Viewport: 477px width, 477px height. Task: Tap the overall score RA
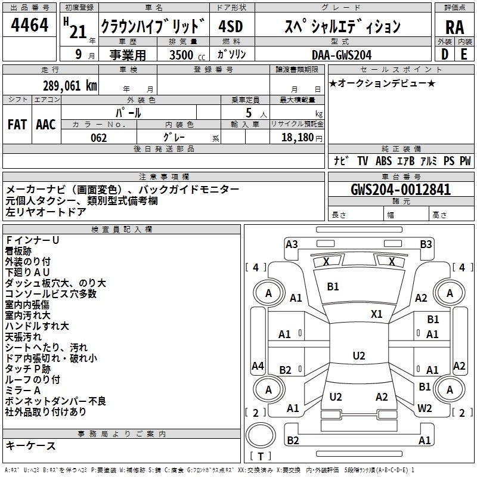coord(454,27)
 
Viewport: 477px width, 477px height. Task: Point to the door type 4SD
coord(231,27)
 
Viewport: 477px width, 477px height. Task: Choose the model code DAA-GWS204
coord(342,55)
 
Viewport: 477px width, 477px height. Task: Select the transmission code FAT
coord(17,125)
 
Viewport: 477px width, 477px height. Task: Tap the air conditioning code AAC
coord(45,125)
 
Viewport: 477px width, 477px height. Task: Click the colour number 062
coord(98,138)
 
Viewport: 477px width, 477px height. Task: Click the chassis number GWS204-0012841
coord(401,190)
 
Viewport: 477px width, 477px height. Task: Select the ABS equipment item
coord(383,161)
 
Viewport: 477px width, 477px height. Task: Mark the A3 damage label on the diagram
coord(292,244)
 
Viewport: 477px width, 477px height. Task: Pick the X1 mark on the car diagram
coord(377,314)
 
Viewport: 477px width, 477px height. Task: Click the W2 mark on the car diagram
coord(425,408)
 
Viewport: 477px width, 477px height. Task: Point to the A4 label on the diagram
coord(258,366)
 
